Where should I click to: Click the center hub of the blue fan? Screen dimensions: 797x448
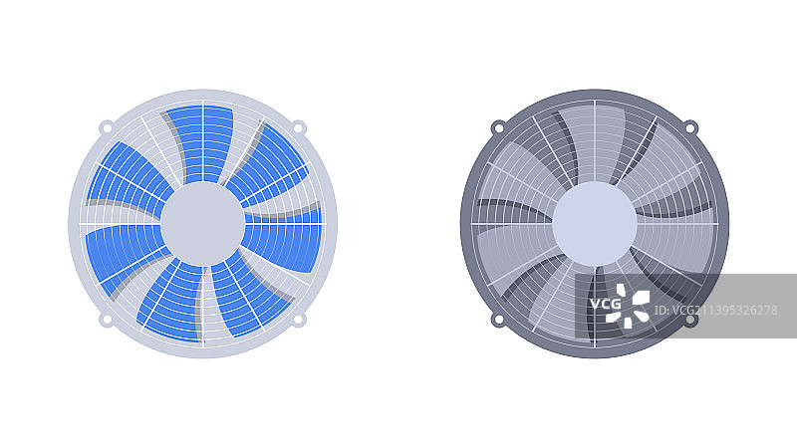point(203,224)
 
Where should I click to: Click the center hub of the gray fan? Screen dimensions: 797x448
point(595,224)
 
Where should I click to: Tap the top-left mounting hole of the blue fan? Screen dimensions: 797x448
point(107,127)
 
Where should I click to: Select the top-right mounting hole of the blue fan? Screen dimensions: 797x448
point(299,127)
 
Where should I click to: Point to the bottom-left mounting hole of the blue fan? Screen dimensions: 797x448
point(107,320)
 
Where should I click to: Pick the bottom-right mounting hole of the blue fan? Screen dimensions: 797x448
point(299,320)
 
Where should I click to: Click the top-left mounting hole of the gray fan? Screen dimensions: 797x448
point(498,127)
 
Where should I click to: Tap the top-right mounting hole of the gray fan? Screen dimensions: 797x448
point(690,127)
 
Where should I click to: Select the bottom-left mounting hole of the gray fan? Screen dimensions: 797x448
point(498,320)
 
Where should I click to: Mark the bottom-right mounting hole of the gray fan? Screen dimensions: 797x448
point(690,320)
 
